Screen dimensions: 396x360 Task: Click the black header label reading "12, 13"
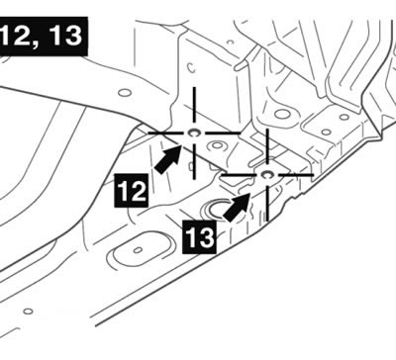click(x=43, y=36)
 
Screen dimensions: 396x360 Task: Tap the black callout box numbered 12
click(x=131, y=191)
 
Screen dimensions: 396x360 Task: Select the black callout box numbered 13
click(x=200, y=237)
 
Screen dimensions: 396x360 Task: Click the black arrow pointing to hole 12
click(x=168, y=159)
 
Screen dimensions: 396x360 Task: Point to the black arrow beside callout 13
click(x=237, y=207)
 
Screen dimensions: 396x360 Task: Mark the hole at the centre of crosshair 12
click(x=193, y=133)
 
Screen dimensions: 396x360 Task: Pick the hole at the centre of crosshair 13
click(x=266, y=174)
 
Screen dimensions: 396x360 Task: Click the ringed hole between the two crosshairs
click(x=218, y=145)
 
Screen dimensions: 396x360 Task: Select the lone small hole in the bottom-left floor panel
click(x=28, y=311)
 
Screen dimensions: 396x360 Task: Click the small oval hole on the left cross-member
click(x=125, y=93)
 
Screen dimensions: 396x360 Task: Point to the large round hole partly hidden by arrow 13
click(x=216, y=209)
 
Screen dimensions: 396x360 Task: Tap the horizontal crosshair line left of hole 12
click(x=165, y=133)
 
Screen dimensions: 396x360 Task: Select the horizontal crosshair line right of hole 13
click(x=296, y=174)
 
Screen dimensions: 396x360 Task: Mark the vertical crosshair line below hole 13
click(x=267, y=203)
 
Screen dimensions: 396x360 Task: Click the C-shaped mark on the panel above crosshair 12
click(x=190, y=67)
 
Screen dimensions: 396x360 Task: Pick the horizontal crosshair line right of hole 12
click(x=222, y=133)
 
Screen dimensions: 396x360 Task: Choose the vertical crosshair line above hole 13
click(x=267, y=146)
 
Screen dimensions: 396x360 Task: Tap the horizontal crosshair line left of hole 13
click(x=238, y=175)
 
